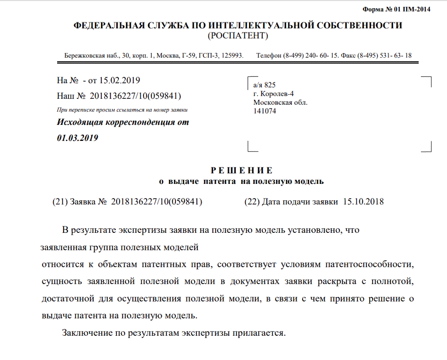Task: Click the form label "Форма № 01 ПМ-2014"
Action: click(x=396, y=9)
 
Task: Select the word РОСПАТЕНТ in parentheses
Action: click(x=238, y=36)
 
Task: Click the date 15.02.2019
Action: click(x=119, y=81)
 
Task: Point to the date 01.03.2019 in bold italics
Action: click(x=78, y=138)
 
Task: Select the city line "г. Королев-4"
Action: click(x=273, y=94)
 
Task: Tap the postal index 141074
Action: click(x=265, y=111)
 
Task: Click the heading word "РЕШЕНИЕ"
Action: click(x=241, y=171)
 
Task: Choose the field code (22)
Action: click(x=252, y=202)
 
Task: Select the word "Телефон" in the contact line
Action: click(x=268, y=56)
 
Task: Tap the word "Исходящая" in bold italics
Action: click(x=80, y=123)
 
